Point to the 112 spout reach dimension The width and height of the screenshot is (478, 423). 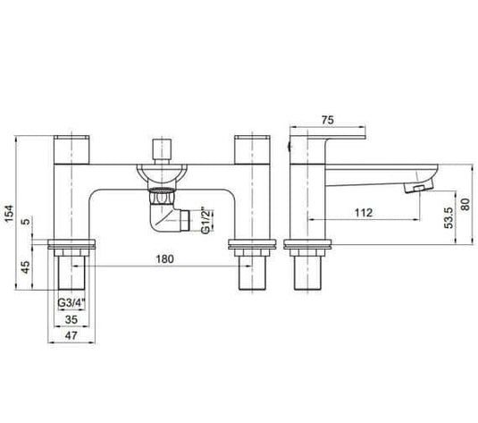coord(364,212)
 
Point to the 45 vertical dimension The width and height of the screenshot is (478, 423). coord(24,266)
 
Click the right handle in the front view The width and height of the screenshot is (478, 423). coord(253,148)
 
